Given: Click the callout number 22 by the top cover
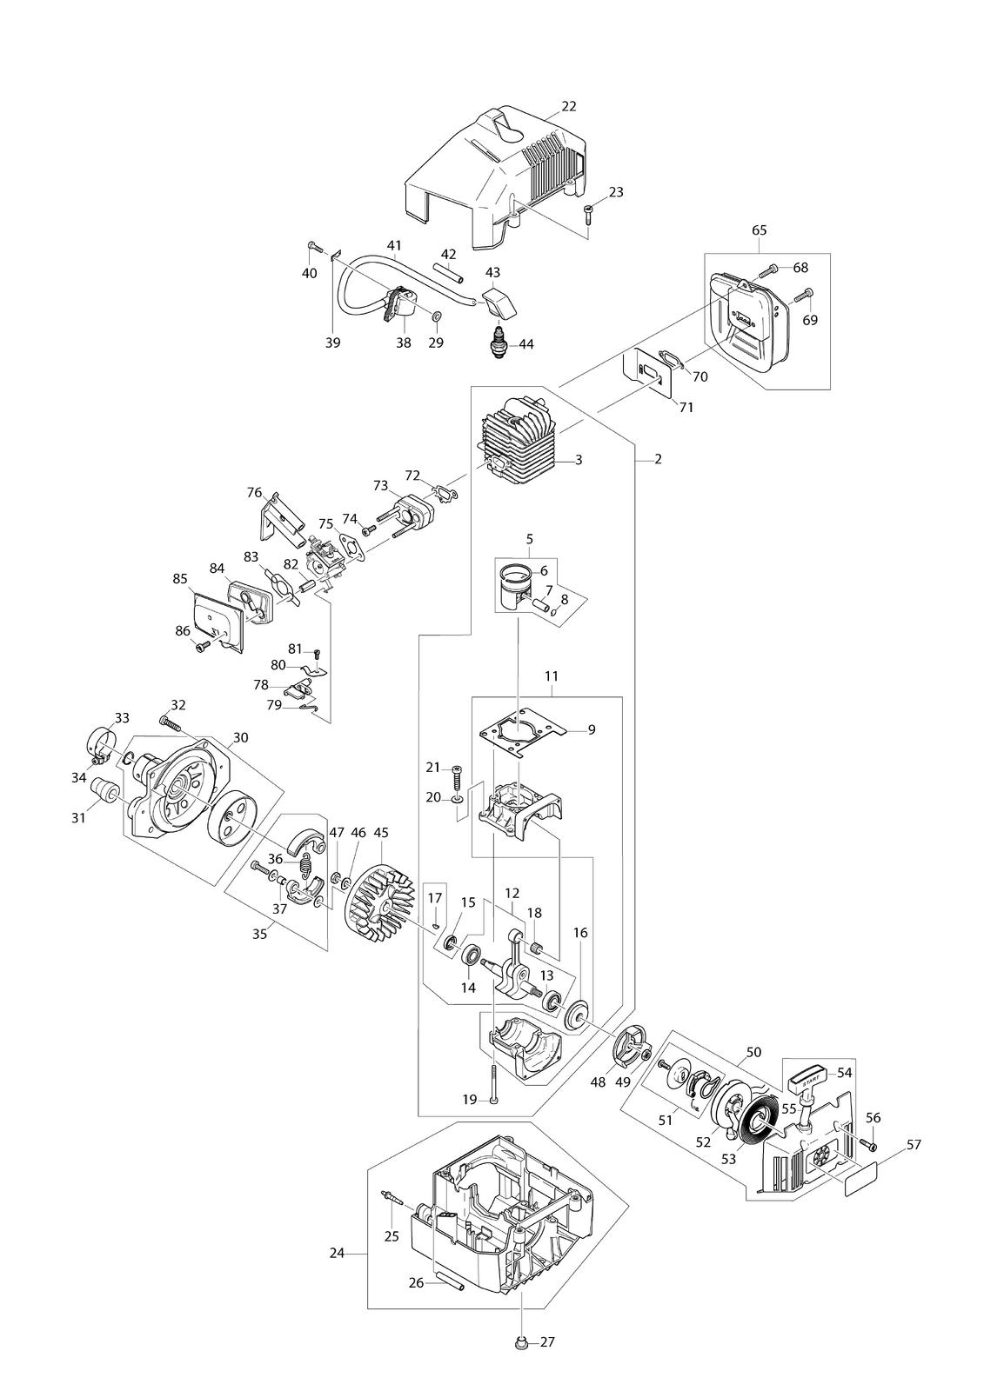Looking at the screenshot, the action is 568,106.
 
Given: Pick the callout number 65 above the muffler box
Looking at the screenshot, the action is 759,230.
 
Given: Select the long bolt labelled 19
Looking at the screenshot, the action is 494,1083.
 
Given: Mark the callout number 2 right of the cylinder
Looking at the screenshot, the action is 658,460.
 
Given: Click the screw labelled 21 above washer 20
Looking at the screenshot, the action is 456,777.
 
